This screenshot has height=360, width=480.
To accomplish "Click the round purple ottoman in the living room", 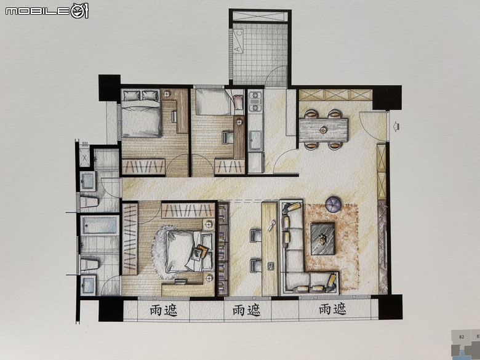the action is click(334, 204).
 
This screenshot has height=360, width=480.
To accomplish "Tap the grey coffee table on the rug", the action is click(322, 239).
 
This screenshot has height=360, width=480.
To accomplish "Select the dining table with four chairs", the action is click(323, 130).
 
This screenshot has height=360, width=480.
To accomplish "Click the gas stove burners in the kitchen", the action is click(255, 101).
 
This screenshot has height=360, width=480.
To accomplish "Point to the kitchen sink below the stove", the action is click(255, 140).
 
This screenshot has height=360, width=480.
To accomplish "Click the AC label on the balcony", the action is click(238, 41).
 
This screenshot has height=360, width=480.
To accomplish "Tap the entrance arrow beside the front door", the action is click(396, 126).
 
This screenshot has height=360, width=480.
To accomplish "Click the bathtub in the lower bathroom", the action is click(99, 226).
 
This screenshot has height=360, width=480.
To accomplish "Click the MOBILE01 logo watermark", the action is click(47, 11).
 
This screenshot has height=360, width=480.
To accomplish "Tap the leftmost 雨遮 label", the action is click(164, 310).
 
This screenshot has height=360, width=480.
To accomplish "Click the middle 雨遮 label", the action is click(246, 310).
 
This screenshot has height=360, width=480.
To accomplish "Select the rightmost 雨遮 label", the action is click(332, 309).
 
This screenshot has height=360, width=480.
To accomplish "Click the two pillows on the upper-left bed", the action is click(140, 95).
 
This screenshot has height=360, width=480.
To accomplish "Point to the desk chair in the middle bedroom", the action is click(227, 137).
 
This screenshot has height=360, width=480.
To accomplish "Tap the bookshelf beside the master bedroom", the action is click(223, 249).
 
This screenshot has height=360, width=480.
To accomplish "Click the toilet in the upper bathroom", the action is click(89, 202).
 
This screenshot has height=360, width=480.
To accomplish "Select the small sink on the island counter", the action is click(271, 266).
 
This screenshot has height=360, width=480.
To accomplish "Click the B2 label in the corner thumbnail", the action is click(462, 337).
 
